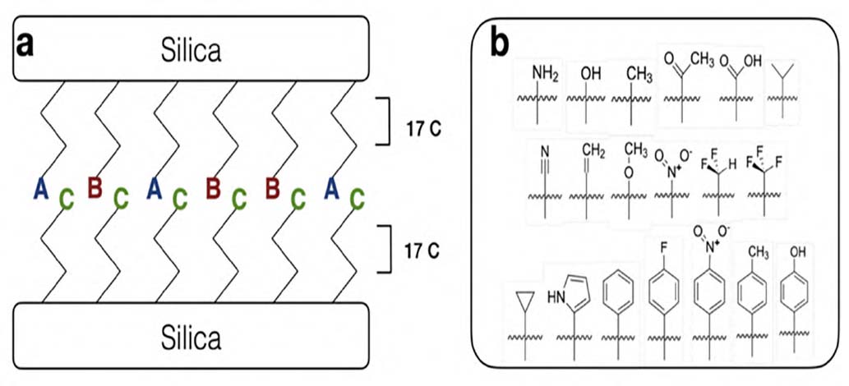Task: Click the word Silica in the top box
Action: [x=191, y=50]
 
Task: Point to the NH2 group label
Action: [x=542, y=76]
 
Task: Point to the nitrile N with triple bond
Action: [x=545, y=152]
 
